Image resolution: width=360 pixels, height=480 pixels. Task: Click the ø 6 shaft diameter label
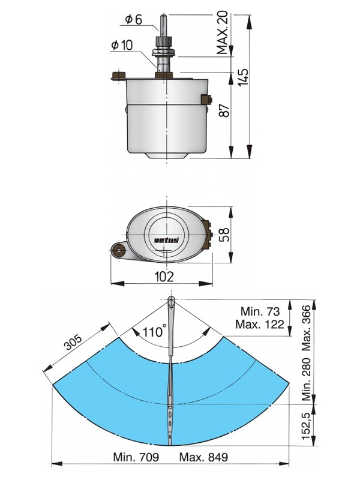click(x=134, y=20)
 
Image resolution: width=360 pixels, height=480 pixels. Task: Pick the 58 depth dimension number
click(x=223, y=235)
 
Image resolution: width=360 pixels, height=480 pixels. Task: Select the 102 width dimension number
click(x=164, y=277)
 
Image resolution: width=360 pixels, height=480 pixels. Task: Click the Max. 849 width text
click(x=203, y=458)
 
